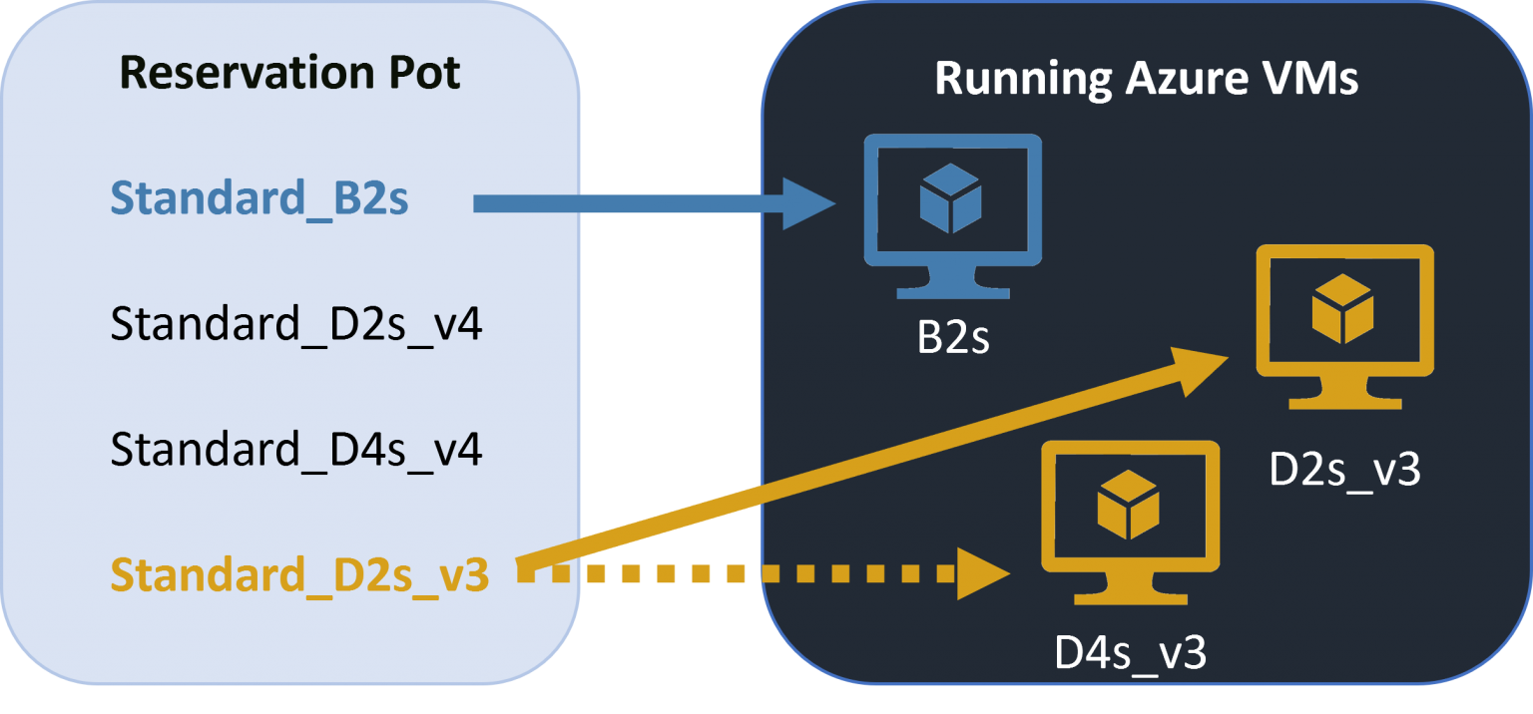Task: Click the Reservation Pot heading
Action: coord(289,74)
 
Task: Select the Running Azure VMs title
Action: coord(1146,79)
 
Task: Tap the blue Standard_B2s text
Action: coord(259,199)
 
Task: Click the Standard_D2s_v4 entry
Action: coord(296,325)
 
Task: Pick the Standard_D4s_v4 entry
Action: coord(296,450)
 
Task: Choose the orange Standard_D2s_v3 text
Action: coord(299,575)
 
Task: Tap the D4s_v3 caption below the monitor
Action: coord(1130,653)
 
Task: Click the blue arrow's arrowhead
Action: coord(809,203)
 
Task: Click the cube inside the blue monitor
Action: coord(950,198)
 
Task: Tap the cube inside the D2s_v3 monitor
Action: coord(1342,308)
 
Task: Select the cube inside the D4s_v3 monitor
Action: coord(1128,504)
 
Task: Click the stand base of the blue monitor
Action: coord(952,291)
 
